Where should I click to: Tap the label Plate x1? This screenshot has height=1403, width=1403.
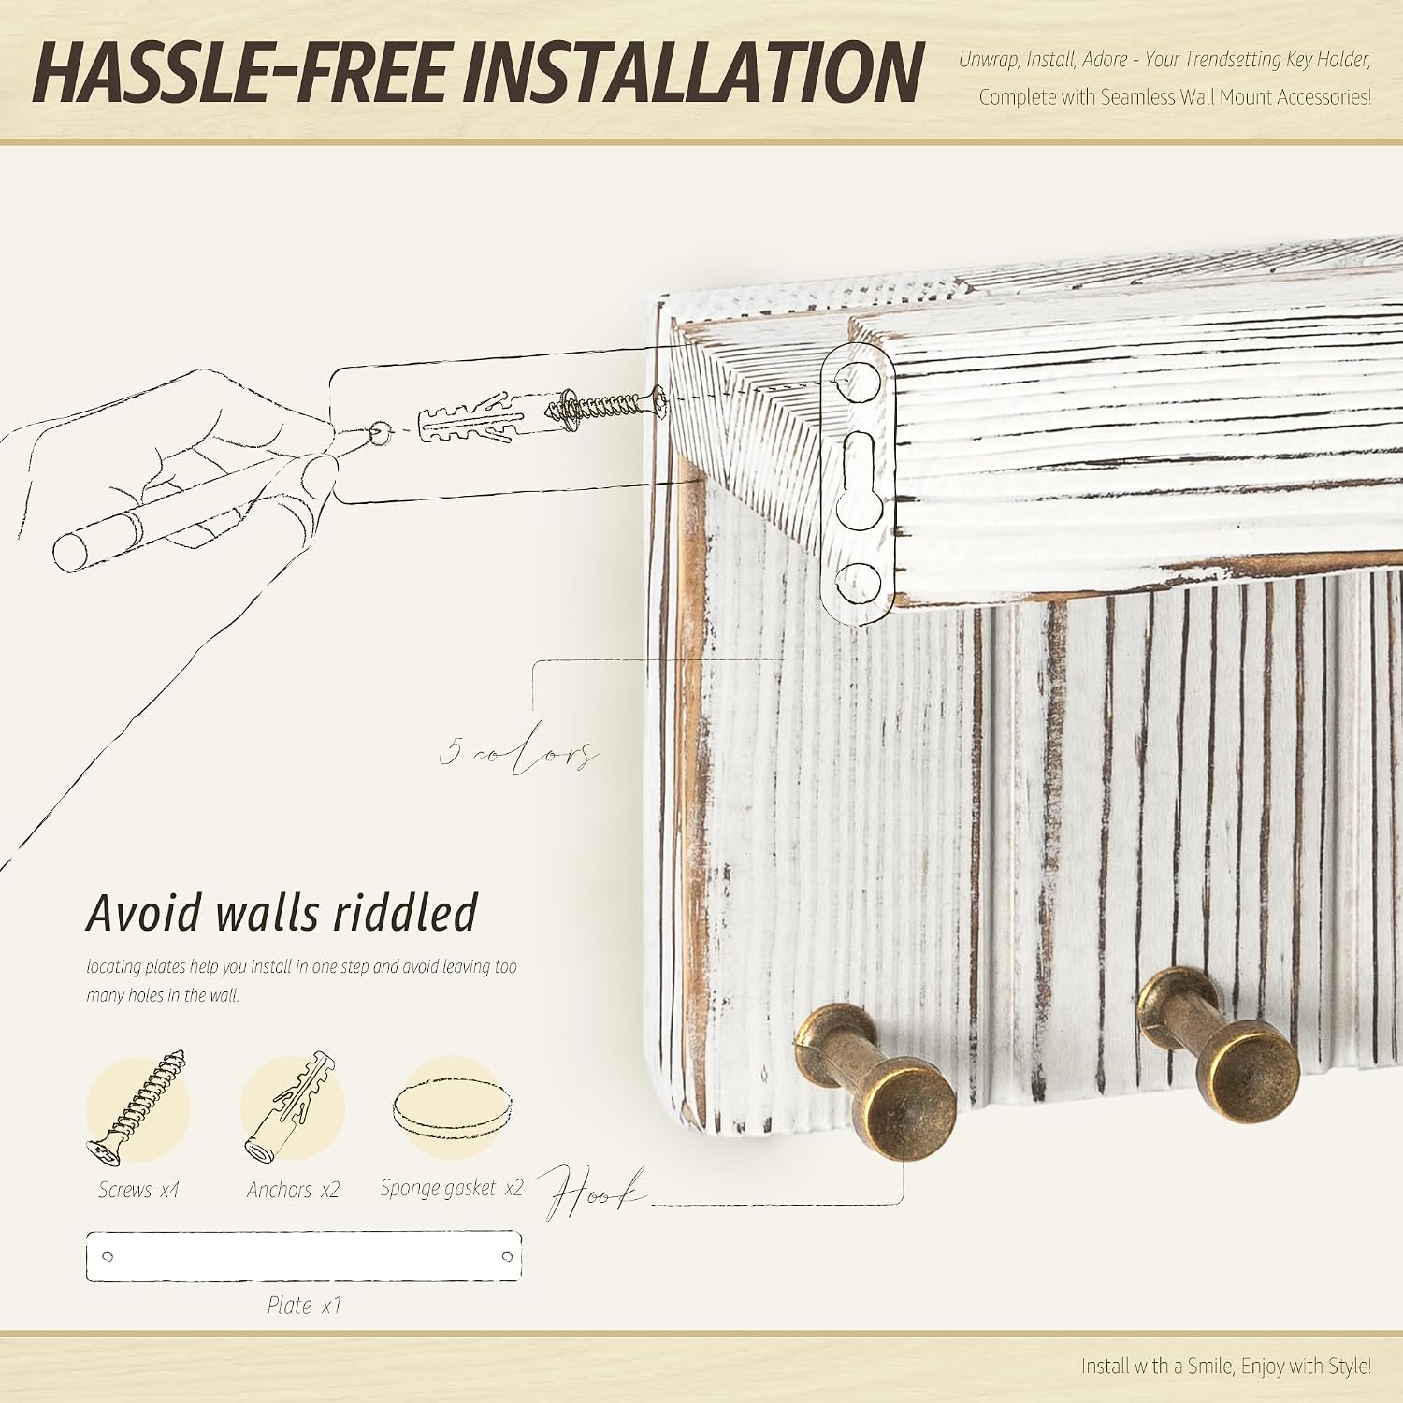tap(304, 1305)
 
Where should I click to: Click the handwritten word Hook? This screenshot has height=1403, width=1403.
tap(591, 1192)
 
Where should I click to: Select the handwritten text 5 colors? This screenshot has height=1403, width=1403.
tap(519, 753)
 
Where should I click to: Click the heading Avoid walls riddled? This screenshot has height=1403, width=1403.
tap(282, 913)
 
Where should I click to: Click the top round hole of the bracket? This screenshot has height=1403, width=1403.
tap(858, 380)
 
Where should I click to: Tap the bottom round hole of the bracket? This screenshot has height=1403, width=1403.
tap(858, 582)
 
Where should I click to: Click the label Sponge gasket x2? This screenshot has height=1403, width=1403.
tap(452, 1188)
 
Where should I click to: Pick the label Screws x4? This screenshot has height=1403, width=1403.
tap(138, 1190)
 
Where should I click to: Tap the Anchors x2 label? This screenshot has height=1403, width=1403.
tap(293, 1190)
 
